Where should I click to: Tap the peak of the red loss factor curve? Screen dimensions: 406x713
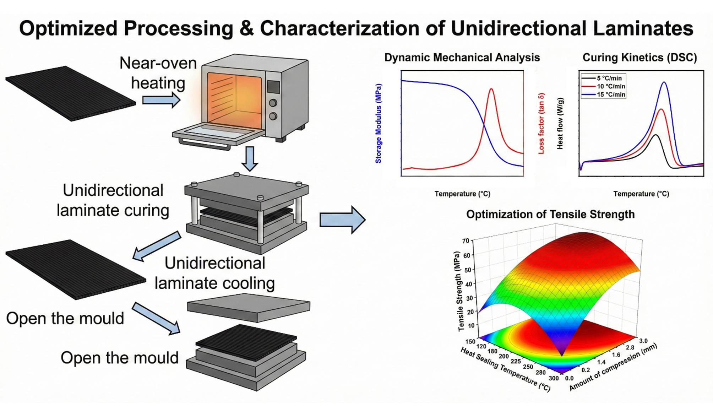coord(491,89)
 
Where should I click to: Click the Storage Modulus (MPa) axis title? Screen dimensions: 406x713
coord(379,124)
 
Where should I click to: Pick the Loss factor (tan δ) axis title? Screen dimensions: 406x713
coord(541,124)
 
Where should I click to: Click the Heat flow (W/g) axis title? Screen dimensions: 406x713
coord(560,124)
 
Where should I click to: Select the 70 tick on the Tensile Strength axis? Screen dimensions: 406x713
coord(466,241)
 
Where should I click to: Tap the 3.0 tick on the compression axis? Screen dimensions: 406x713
coord(643,341)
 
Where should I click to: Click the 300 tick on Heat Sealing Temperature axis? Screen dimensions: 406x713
coord(554,378)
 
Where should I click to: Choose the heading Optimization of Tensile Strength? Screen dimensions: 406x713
coord(550,215)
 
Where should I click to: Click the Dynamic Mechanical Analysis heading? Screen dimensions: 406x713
coord(462,58)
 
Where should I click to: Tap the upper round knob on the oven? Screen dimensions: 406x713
coord(273,103)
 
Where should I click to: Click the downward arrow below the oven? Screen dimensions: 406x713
coord(250,158)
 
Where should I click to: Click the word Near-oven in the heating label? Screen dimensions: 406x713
coord(158,63)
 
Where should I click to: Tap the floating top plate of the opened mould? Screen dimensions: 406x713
coord(249,307)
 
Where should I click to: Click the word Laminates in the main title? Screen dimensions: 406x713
coord(643,28)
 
